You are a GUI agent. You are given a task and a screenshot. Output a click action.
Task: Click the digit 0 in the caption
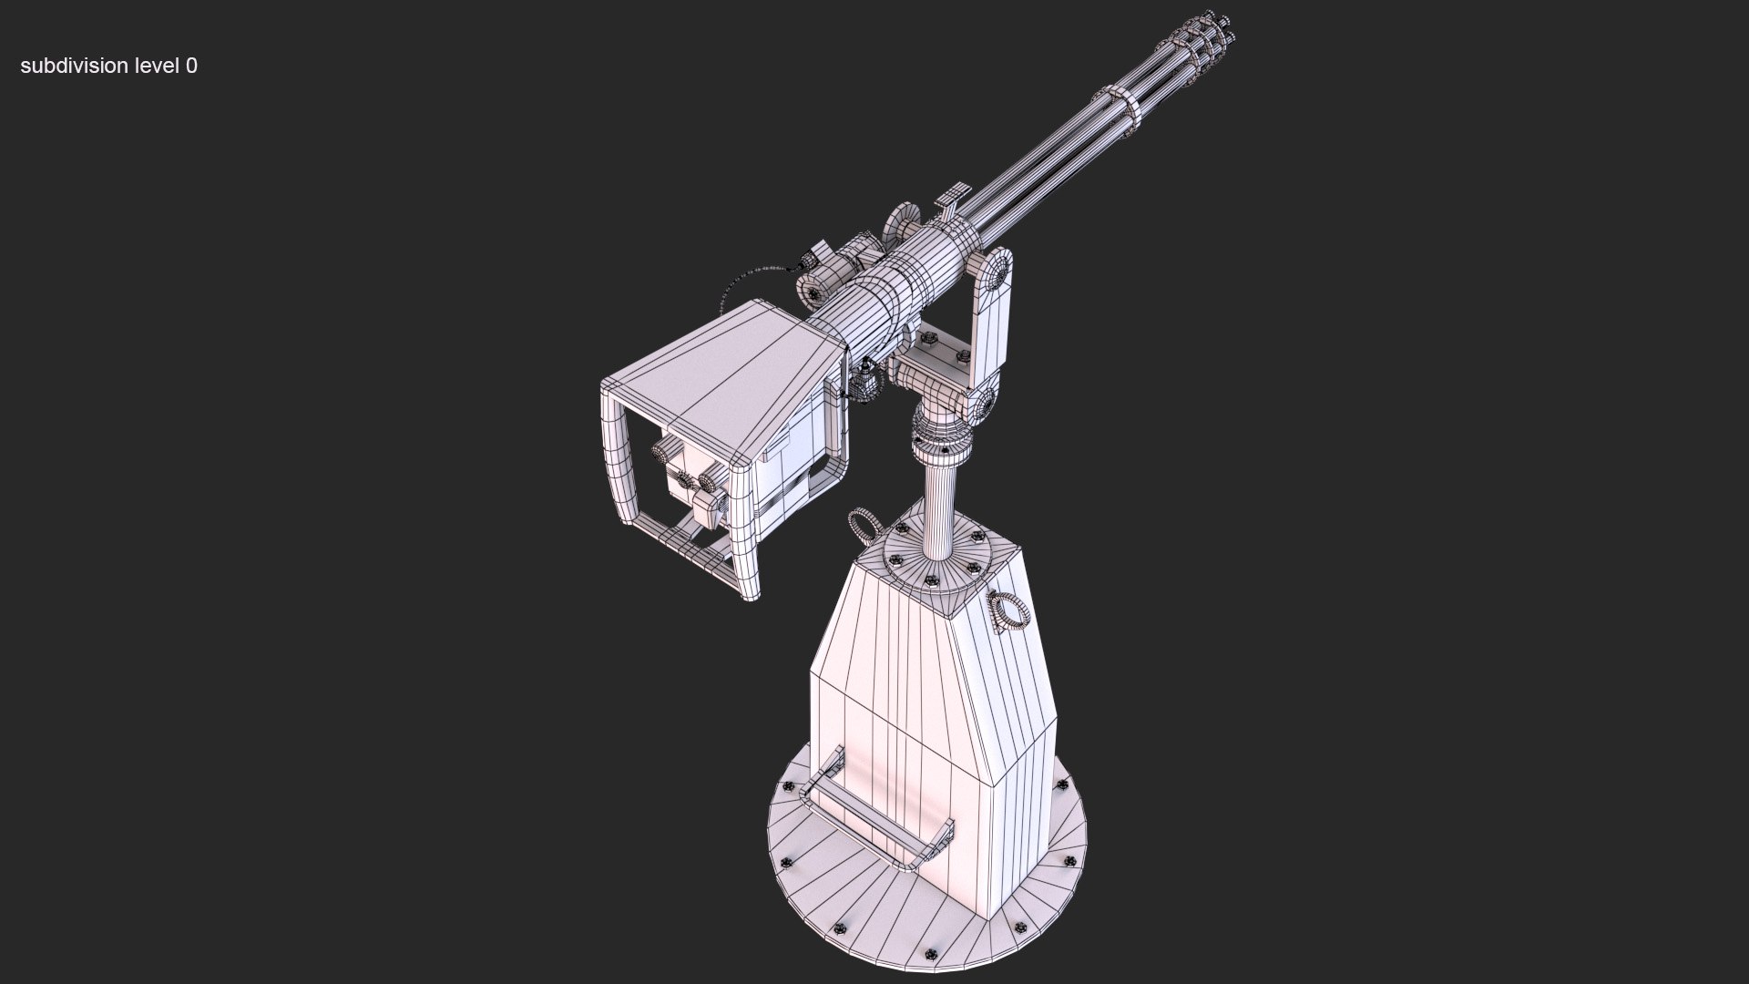191,66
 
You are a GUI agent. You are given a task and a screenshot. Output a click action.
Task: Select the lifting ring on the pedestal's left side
863,526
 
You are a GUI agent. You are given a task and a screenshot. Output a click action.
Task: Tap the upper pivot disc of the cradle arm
998,270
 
